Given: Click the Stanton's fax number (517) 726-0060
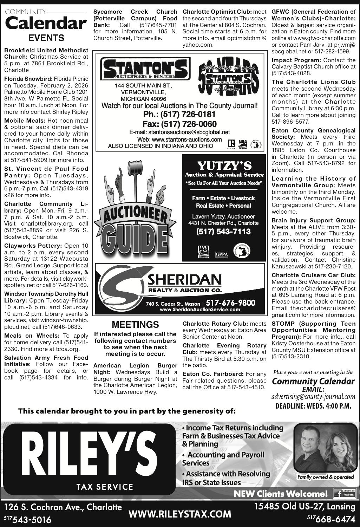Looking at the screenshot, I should (x=179, y=124).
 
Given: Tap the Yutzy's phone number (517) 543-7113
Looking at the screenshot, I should (x=224, y=232).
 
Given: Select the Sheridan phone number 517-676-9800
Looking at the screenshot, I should (x=230, y=303).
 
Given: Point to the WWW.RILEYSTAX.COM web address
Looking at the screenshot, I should (x=180, y=514).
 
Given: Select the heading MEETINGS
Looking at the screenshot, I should (x=135, y=324).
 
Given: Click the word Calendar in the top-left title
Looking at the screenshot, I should (x=46, y=24).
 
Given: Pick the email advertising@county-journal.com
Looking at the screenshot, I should (x=313, y=397).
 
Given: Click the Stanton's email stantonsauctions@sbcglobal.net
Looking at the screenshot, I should (x=179, y=132).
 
